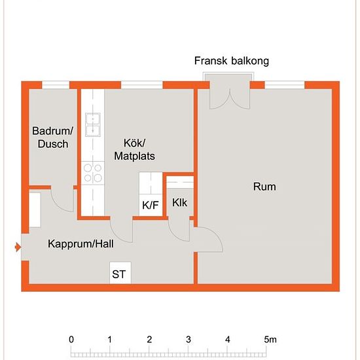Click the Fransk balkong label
point(232,61)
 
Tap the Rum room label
point(264,187)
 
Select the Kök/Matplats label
point(135,149)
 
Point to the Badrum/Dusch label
point(53,137)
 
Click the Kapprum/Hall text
point(81,243)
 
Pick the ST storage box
point(120,273)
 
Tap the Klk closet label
point(179,203)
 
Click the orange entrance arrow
point(18,247)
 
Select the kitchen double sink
point(93,124)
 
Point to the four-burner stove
point(93,173)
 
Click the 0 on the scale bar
point(71,340)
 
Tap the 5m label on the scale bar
point(270,340)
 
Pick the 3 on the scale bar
point(189,340)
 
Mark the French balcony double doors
point(230,99)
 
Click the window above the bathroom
point(56,85)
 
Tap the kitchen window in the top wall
point(142,85)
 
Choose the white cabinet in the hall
point(35,210)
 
